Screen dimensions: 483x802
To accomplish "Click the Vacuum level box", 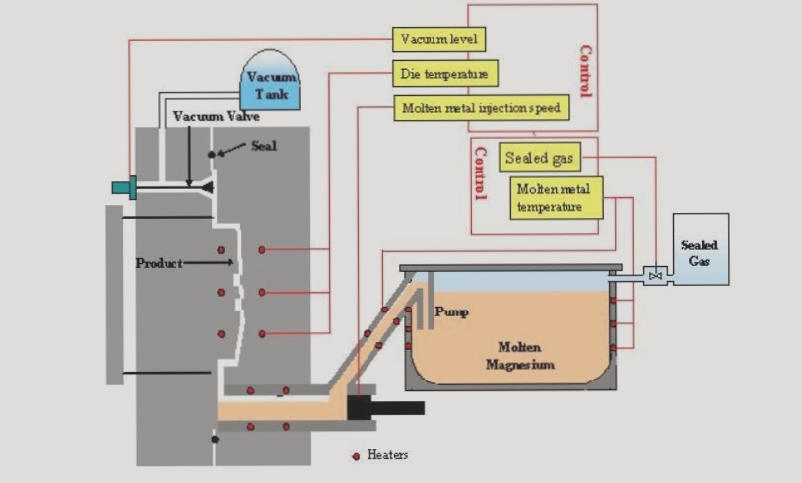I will [x=439, y=39].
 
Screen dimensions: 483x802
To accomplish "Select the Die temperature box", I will [x=442, y=74].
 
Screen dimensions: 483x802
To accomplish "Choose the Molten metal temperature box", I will [x=557, y=197].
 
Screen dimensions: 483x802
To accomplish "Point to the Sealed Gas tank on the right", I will [x=701, y=248].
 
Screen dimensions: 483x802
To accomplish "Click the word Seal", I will [x=264, y=145].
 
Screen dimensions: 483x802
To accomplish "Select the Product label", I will [x=158, y=263].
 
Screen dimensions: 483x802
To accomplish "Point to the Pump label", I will [x=451, y=312].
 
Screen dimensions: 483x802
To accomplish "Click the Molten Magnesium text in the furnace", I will [x=519, y=356].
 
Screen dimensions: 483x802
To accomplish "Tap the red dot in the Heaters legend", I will [x=356, y=456].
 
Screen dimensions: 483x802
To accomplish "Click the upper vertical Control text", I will [x=585, y=71].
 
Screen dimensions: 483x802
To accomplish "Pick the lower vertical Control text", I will [x=480, y=173].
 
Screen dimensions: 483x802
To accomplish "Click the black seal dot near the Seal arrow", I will [x=211, y=155].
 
